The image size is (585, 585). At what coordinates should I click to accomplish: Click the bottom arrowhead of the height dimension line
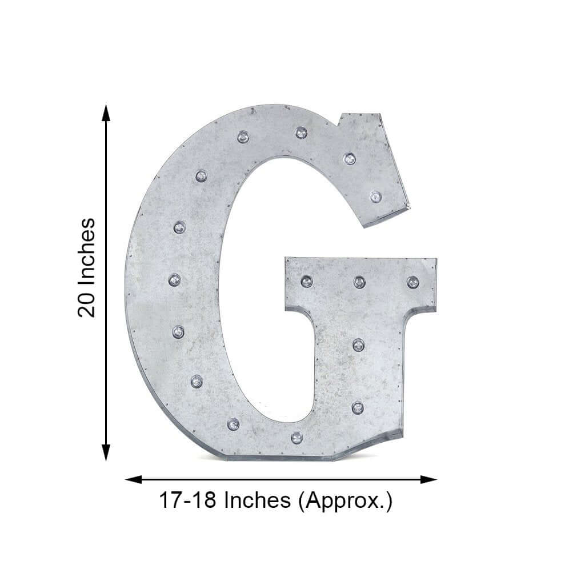[106, 454]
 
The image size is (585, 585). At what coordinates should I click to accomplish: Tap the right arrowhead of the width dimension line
[430, 479]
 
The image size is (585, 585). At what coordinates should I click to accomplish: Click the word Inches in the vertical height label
[87, 251]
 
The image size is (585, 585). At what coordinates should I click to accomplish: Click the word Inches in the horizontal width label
[257, 501]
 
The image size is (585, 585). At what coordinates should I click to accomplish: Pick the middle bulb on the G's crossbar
[359, 282]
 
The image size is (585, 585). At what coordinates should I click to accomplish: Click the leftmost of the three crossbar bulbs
[307, 281]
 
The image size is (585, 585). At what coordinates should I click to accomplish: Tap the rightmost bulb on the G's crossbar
[412, 282]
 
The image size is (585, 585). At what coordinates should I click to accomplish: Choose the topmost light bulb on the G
[301, 133]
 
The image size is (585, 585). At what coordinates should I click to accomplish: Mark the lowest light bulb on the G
[296, 438]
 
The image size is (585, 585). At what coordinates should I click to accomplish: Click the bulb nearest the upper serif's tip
[375, 197]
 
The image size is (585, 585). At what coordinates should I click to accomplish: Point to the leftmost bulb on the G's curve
[175, 280]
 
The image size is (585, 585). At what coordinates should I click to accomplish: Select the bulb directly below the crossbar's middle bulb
[358, 344]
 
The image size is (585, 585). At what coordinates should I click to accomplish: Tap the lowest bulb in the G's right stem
[358, 407]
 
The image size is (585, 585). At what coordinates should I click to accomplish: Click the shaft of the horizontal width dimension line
[280, 479]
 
